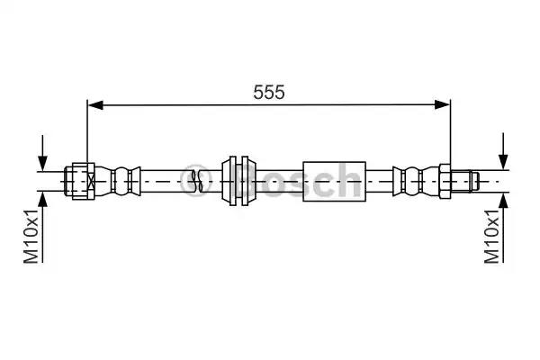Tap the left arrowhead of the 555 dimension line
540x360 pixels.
(94, 105)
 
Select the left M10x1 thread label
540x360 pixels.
(31, 235)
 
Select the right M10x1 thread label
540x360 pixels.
(492, 235)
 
